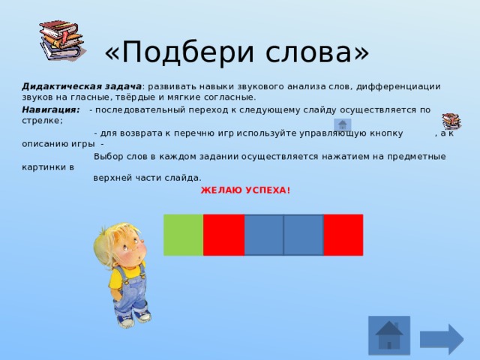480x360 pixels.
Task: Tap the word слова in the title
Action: pyautogui.click(x=308, y=53)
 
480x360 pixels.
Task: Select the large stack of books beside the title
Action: pyautogui.click(x=62, y=40)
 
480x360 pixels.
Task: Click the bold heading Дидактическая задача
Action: pyautogui.click(x=82, y=87)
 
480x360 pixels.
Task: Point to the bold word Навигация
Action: pyautogui.click(x=51, y=109)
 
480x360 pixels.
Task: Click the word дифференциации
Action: pyautogui.click(x=398, y=87)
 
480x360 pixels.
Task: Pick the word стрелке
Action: pyautogui.click(x=42, y=121)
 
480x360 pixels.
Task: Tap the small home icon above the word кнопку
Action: pyautogui.click(x=342, y=124)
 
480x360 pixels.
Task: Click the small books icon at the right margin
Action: pyautogui.click(x=451, y=121)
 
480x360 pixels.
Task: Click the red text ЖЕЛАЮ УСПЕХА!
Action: pyautogui.click(x=245, y=190)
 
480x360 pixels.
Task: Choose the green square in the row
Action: pyautogui.click(x=183, y=235)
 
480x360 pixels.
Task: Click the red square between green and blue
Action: pyautogui.click(x=223, y=235)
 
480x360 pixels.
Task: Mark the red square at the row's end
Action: pyautogui.click(x=343, y=235)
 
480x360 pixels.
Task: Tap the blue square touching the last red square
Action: pyautogui.click(x=304, y=235)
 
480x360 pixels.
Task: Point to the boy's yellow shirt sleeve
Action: pyautogui.click(x=115, y=278)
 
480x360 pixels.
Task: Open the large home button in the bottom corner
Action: pyautogui.click(x=389, y=335)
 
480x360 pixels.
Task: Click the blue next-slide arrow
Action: pyautogui.click(x=442, y=339)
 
